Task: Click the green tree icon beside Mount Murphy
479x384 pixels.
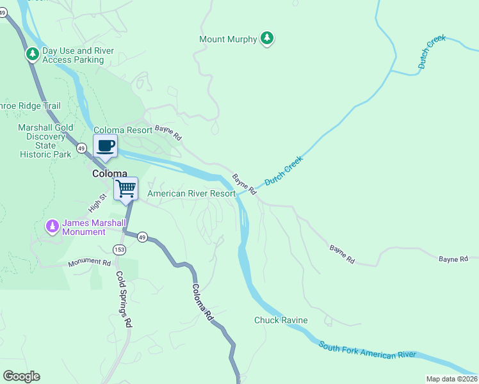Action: pos(267,39)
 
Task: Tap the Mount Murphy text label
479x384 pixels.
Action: pos(228,39)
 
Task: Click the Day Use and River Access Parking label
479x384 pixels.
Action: pos(73,56)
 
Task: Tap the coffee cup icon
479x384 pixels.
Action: pos(106,145)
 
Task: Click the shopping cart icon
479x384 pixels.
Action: pos(126,189)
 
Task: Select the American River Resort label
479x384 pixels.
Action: pos(191,193)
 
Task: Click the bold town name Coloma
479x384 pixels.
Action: pos(115,173)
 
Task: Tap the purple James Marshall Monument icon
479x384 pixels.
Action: pos(52,227)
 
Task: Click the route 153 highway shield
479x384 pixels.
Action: pos(118,248)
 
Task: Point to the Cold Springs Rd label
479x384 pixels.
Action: pos(124,299)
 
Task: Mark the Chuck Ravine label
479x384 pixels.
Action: pos(281,320)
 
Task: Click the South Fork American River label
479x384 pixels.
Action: pos(367,350)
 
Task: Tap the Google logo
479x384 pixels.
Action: pos(21,376)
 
